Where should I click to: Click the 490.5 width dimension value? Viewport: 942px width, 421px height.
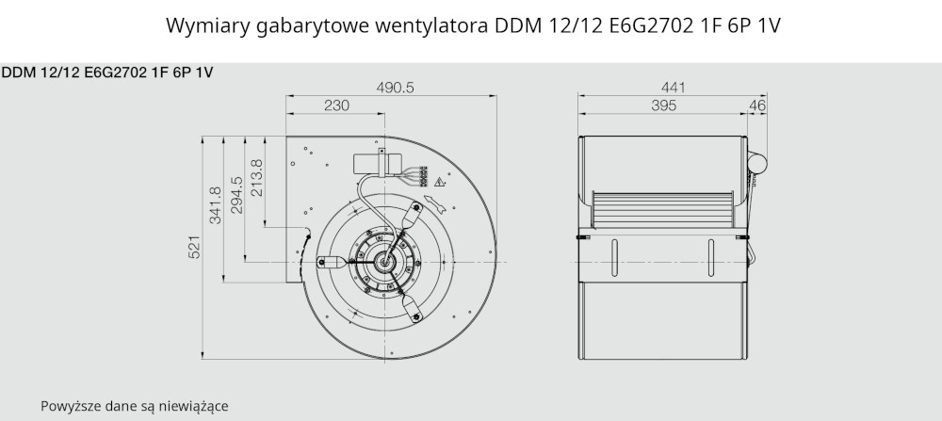pyautogui.click(x=396, y=88)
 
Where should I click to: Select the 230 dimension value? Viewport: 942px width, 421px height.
pyautogui.click(x=336, y=105)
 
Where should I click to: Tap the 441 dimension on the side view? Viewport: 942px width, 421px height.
pyautogui.click(x=673, y=88)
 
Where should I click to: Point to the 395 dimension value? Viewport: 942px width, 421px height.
pyautogui.click(x=663, y=105)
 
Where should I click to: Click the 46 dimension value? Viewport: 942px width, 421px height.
pyautogui.click(x=757, y=105)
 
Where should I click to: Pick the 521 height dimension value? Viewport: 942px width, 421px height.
pyautogui.click(x=194, y=247)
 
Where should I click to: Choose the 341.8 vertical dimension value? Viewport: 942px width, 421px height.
pyautogui.click(x=215, y=205)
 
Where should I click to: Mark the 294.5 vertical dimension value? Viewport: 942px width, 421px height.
pyautogui.click(x=236, y=195)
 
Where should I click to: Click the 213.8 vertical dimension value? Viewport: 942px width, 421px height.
pyautogui.click(x=256, y=178)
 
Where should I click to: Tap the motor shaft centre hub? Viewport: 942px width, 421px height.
pyautogui.click(x=384, y=261)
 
